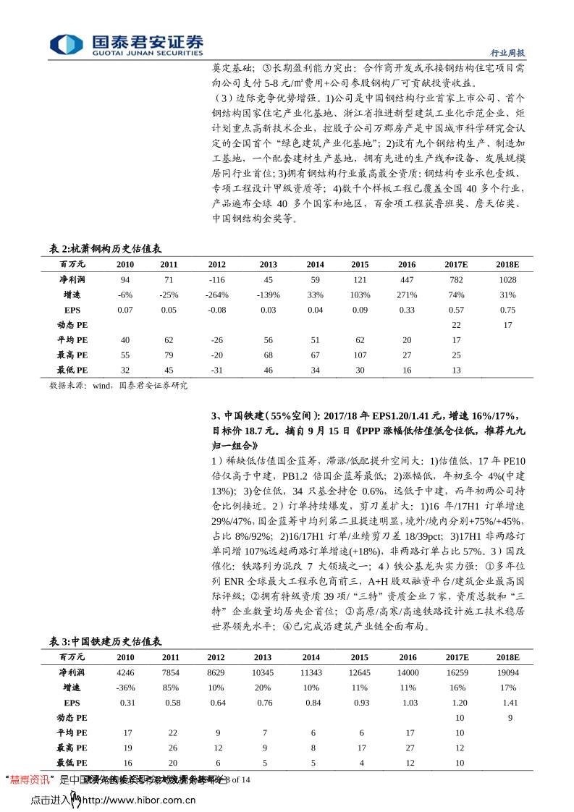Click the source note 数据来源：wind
point(118,386)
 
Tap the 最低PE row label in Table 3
point(72,763)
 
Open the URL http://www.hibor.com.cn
point(138,800)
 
